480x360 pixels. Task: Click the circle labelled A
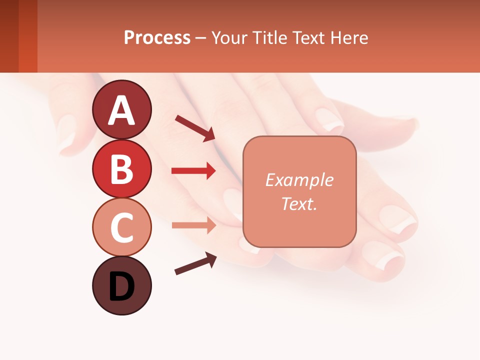[x=121, y=109]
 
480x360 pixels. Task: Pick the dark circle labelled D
[x=121, y=285]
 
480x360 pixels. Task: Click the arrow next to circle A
[x=195, y=127]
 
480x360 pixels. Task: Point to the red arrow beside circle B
[x=193, y=171]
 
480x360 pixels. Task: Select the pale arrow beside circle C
[x=193, y=225]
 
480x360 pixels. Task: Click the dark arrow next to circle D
[x=195, y=263]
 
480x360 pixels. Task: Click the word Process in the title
[x=157, y=38]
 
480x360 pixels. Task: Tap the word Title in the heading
[x=268, y=38]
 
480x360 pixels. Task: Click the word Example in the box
[x=299, y=180]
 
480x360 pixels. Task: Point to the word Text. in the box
[x=299, y=203]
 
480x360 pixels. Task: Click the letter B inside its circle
[x=121, y=168]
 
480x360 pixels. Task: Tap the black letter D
[x=121, y=286]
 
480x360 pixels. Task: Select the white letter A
[x=121, y=110]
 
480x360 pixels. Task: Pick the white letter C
[x=121, y=227]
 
